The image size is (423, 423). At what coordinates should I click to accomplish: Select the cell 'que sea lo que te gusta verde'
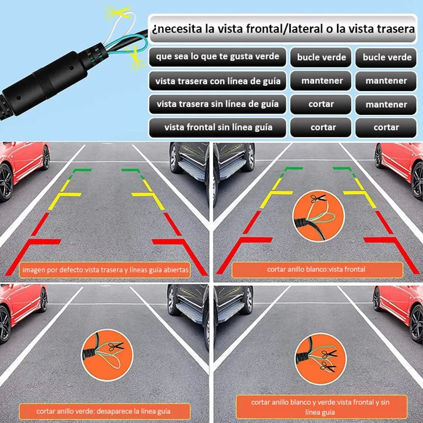point(217,57)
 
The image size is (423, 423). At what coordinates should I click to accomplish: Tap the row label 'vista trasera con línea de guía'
point(217,81)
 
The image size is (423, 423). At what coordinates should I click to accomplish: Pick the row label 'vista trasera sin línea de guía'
point(217,104)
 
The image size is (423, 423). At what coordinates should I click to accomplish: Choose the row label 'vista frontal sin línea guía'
point(217,127)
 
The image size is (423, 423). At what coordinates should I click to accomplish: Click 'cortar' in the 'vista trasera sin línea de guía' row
point(321,104)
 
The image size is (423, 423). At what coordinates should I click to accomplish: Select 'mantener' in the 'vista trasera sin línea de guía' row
point(386,104)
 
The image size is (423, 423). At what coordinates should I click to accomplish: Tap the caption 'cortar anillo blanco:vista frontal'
point(316,269)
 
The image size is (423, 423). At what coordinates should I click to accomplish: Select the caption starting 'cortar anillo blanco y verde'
point(320,407)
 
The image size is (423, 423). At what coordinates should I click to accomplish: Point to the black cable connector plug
point(47,80)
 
